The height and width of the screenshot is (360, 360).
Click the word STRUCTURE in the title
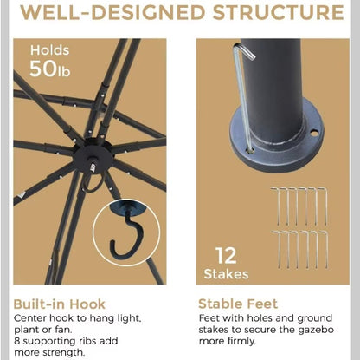[278, 12]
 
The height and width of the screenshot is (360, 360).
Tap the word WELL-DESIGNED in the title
[112, 12]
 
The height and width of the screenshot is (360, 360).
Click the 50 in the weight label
[43, 69]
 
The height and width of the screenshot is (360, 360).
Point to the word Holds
[50, 50]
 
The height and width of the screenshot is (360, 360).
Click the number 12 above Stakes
[226, 256]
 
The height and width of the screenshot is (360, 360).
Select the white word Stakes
[226, 274]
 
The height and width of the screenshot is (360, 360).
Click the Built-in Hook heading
[60, 304]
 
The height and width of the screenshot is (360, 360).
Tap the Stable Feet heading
[238, 304]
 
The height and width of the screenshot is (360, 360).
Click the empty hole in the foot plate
[314, 134]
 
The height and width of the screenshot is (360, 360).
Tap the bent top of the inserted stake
[245, 50]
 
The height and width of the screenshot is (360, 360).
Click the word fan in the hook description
[62, 330]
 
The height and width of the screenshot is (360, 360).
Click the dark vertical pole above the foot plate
[273, 87]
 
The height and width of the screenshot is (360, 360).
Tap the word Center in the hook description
[30, 318]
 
